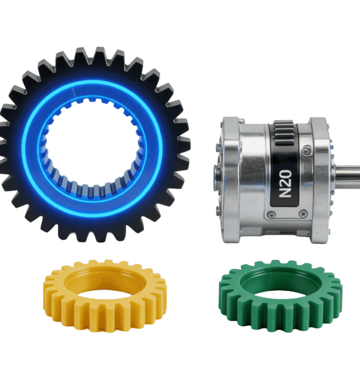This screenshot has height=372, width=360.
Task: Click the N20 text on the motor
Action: click(x=285, y=183)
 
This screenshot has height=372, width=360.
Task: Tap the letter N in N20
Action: click(x=285, y=193)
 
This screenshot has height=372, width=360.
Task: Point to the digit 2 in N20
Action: click(x=285, y=183)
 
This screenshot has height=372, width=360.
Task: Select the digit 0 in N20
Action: click(x=285, y=174)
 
